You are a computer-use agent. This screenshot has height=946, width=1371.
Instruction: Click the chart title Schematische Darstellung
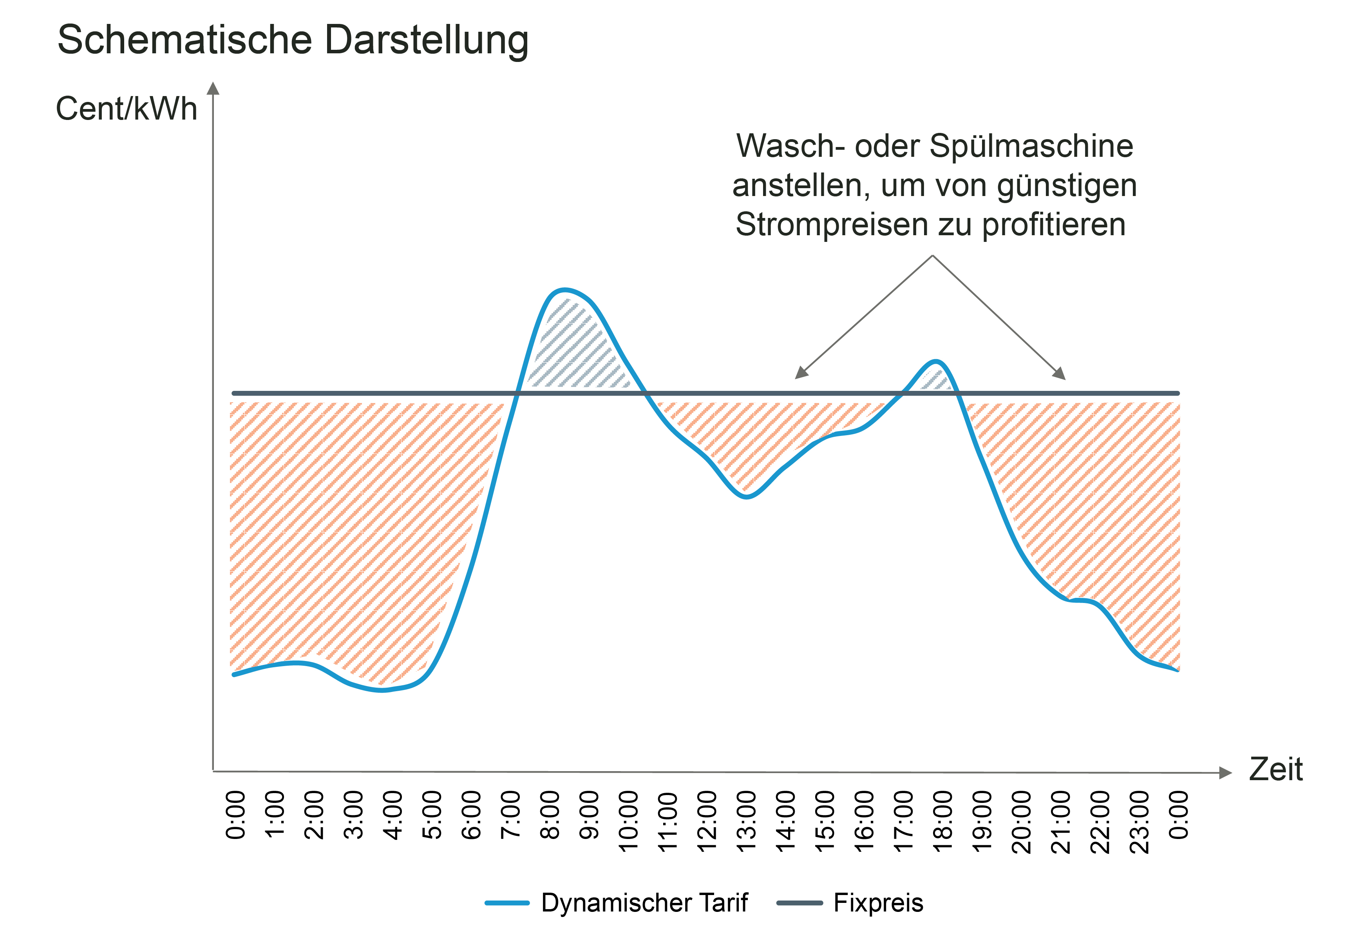click(293, 40)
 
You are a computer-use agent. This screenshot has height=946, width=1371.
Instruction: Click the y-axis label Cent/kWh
click(126, 109)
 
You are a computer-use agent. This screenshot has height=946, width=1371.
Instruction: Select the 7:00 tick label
click(510, 815)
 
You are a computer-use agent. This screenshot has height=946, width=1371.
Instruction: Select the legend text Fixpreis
click(878, 903)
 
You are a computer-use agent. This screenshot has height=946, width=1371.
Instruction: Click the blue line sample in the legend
click(506, 903)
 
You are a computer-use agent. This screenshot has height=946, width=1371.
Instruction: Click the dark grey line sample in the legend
click(799, 903)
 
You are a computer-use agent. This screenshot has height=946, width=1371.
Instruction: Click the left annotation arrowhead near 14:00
click(801, 373)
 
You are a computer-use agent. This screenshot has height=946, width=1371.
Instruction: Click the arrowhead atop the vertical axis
click(213, 88)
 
